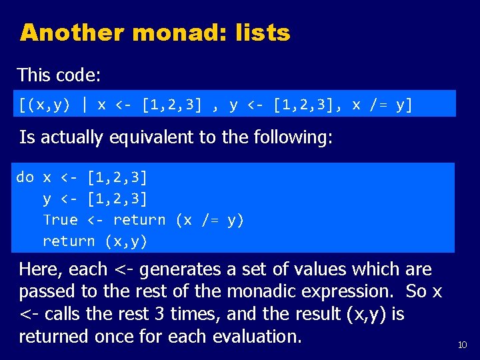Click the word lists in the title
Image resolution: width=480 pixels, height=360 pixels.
tap(263, 32)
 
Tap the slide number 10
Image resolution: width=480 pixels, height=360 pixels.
tap(462, 345)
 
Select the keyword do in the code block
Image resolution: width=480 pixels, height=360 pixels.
tap(25, 177)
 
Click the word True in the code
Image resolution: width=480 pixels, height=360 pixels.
tap(60, 220)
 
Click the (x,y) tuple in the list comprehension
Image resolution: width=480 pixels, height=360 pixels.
tap(46, 105)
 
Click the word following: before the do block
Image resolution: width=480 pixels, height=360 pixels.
tap(293, 138)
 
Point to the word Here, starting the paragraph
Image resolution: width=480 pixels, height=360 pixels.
tap(43, 269)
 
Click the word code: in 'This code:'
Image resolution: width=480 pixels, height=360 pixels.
tap(78, 75)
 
